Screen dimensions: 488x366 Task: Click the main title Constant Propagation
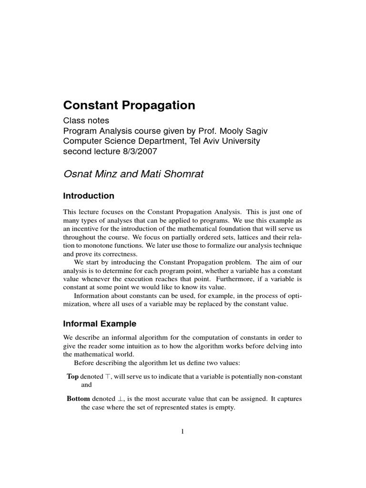(x=129, y=105)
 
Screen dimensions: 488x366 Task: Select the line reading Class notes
(x=84, y=121)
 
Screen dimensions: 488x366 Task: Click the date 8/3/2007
(x=141, y=152)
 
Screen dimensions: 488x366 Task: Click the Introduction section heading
(x=89, y=196)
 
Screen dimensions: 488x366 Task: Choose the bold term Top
(x=73, y=376)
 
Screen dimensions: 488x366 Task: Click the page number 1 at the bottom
(x=183, y=432)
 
